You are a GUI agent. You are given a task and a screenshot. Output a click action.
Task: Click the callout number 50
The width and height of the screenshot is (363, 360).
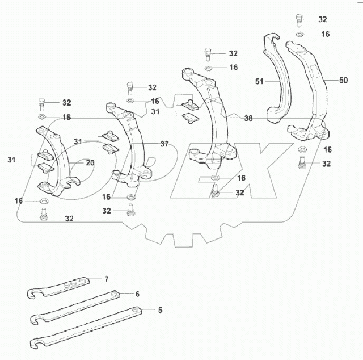tap(344, 81)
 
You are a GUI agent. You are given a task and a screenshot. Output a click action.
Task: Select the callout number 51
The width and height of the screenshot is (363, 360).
tap(260, 82)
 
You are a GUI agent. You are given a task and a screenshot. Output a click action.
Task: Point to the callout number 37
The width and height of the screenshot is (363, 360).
tap(164, 144)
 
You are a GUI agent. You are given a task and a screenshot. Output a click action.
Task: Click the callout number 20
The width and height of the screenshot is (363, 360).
tap(90, 162)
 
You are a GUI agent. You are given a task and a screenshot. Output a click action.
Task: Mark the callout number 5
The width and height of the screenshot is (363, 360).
tap(160, 310)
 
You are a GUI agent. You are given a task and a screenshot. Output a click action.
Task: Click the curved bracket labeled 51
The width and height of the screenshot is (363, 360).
tap(277, 85)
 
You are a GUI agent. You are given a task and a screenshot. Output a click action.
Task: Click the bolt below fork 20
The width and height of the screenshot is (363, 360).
tap(43, 216)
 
